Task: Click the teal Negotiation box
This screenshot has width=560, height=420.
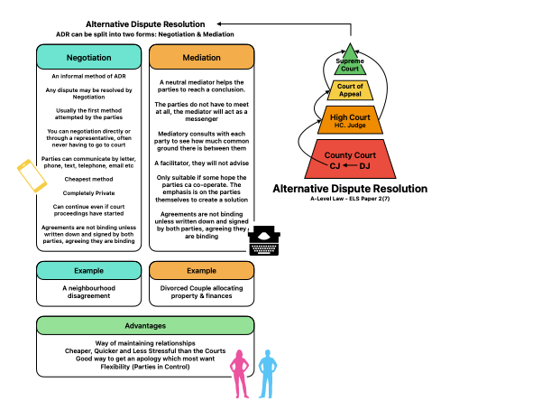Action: pyautogui.click(x=88, y=57)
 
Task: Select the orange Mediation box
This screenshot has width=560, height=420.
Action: pyautogui.click(x=201, y=57)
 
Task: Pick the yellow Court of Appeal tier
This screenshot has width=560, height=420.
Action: pyautogui.click(x=350, y=90)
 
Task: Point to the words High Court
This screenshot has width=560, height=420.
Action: pyautogui.click(x=350, y=117)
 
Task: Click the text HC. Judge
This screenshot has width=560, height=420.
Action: pyautogui.click(x=350, y=126)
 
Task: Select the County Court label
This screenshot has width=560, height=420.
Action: pyautogui.click(x=350, y=155)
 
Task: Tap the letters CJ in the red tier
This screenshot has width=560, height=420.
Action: pyautogui.click(x=335, y=166)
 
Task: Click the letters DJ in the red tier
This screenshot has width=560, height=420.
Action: pyautogui.click(x=364, y=166)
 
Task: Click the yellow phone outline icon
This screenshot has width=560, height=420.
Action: pyautogui.click(x=32, y=177)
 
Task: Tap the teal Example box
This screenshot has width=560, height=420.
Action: pyautogui.click(x=88, y=270)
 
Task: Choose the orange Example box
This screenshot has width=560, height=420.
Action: pyautogui.click(x=201, y=270)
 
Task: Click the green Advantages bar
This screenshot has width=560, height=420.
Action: pyautogui.click(x=144, y=325)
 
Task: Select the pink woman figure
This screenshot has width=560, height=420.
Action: pyautogui.click(x=239, y=374)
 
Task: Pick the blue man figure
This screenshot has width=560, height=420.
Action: pyautogui.click(x=267, y=374)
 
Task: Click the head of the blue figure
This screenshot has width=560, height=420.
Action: pyautogui.click(x=267, y=354)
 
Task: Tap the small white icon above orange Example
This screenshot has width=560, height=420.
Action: pyautogui.click(x=254, y=240)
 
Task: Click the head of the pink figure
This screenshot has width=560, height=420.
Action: pyautogui.click(x=239, y=354)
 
